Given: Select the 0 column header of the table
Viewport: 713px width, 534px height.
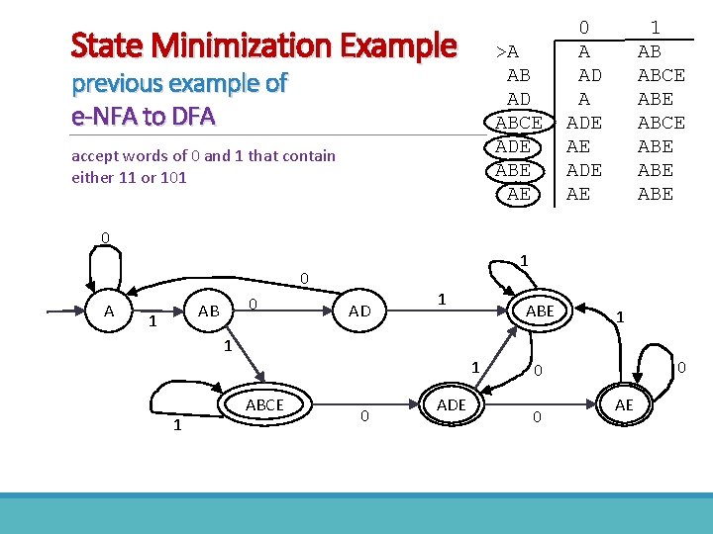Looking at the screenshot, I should [584, 28].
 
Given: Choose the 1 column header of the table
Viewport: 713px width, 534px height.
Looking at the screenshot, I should [655, 28].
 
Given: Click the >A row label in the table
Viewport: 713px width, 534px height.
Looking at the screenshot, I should [508, 51].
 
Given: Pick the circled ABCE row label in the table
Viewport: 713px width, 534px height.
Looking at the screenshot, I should [518, 123].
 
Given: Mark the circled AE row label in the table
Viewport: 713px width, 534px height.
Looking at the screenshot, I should [518, 194].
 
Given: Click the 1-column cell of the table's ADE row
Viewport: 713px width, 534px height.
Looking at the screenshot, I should [655, 146].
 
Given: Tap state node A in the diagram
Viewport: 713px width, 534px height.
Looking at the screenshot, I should [109, 311].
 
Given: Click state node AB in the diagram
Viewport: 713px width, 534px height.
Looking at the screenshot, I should [209, 311].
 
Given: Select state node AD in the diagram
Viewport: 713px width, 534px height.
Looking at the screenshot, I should [359, 311].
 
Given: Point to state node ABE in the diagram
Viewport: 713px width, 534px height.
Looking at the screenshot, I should [540, 311].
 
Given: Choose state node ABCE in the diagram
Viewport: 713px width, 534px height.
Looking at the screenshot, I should [264, 404].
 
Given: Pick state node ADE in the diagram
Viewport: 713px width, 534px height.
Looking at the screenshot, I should [451, 404].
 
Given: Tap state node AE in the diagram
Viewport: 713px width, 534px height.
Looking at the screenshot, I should [624, 404].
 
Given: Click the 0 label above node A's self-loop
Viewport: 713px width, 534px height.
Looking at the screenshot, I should [104, 237].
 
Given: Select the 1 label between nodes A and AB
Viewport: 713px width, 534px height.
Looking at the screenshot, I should [153, 321].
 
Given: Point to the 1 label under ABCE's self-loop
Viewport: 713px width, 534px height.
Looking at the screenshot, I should [176, 425].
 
